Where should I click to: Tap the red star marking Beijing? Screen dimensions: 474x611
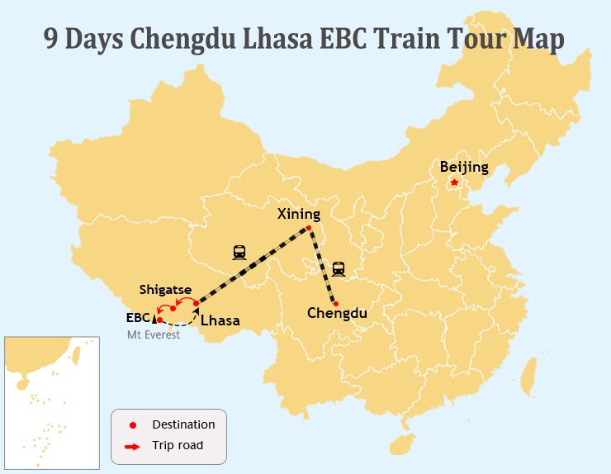454,182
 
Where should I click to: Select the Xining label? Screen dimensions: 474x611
298,214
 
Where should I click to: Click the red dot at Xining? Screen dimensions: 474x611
308,228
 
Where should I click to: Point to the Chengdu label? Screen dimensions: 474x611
337,313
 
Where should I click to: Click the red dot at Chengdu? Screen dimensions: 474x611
335,303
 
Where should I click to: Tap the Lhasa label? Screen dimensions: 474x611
220,320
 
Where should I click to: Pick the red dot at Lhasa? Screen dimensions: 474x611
196,304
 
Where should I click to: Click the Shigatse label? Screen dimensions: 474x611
165,290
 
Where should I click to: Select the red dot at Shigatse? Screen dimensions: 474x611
173,308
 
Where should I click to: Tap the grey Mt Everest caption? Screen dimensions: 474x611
153,334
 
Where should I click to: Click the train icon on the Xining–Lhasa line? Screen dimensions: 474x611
239,252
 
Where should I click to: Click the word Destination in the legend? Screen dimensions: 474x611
183,424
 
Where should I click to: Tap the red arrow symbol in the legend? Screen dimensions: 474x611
133,446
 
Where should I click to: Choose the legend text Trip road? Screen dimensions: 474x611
178,445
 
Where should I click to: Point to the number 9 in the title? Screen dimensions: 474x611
52,40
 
